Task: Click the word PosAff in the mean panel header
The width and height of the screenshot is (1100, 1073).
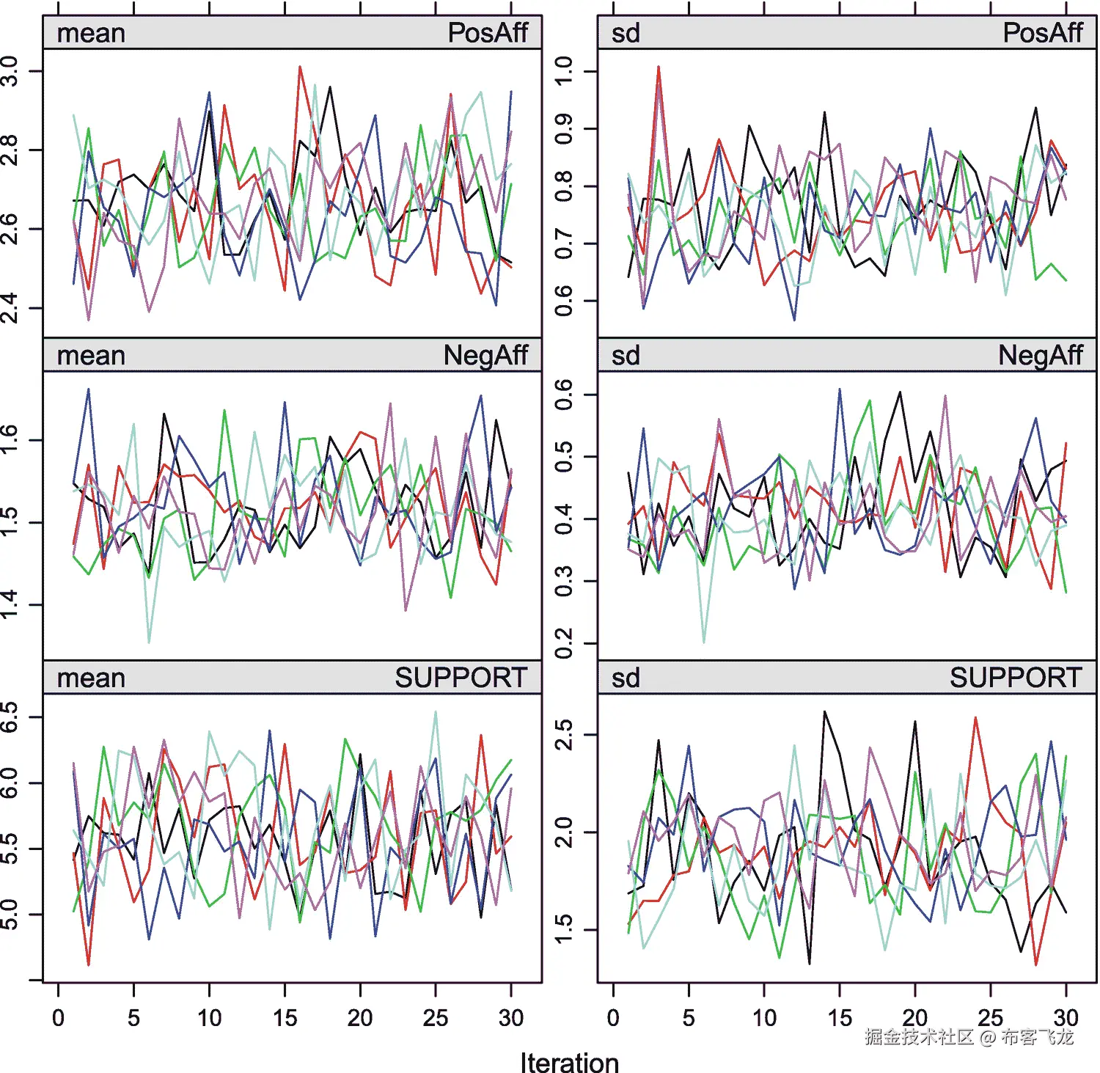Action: coord(488,33)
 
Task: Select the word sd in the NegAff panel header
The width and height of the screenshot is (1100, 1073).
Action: coord(626,356)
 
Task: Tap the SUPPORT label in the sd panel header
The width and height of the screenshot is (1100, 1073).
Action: coord(1016,678)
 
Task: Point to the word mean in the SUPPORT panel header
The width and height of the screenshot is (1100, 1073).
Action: coord(91,678)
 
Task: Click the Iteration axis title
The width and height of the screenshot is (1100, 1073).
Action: coord(569,1062)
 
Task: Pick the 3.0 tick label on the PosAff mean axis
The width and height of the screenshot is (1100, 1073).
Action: coord(10,71)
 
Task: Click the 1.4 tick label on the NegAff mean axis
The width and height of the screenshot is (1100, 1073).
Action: coord(10,605)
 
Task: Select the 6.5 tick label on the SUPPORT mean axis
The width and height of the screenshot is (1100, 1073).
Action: coord(10,717)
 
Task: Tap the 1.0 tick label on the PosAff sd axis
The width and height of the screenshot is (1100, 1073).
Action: coord(564,71)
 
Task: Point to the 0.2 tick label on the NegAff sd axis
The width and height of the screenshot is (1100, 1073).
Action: coord(564,643)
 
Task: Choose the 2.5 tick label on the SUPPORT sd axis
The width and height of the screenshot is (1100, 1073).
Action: coord(564,734)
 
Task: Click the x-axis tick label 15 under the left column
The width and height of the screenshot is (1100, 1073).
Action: coord(285,1018)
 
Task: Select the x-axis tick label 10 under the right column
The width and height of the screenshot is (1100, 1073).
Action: coord(764,1018)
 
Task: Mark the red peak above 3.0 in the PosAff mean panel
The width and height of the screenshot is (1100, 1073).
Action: coord(300,67)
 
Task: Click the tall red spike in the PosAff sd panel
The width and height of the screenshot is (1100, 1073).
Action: coord(659,67)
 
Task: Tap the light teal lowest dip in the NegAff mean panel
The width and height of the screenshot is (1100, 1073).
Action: coord(149,642)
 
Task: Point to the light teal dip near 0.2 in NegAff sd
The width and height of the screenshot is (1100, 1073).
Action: coord(704,642)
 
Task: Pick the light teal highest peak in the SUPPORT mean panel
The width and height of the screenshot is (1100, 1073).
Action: coord(436,711)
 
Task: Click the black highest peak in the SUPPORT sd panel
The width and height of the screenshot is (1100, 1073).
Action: coord(824,711)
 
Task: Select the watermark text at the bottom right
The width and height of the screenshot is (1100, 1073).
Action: coord(968,1036)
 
